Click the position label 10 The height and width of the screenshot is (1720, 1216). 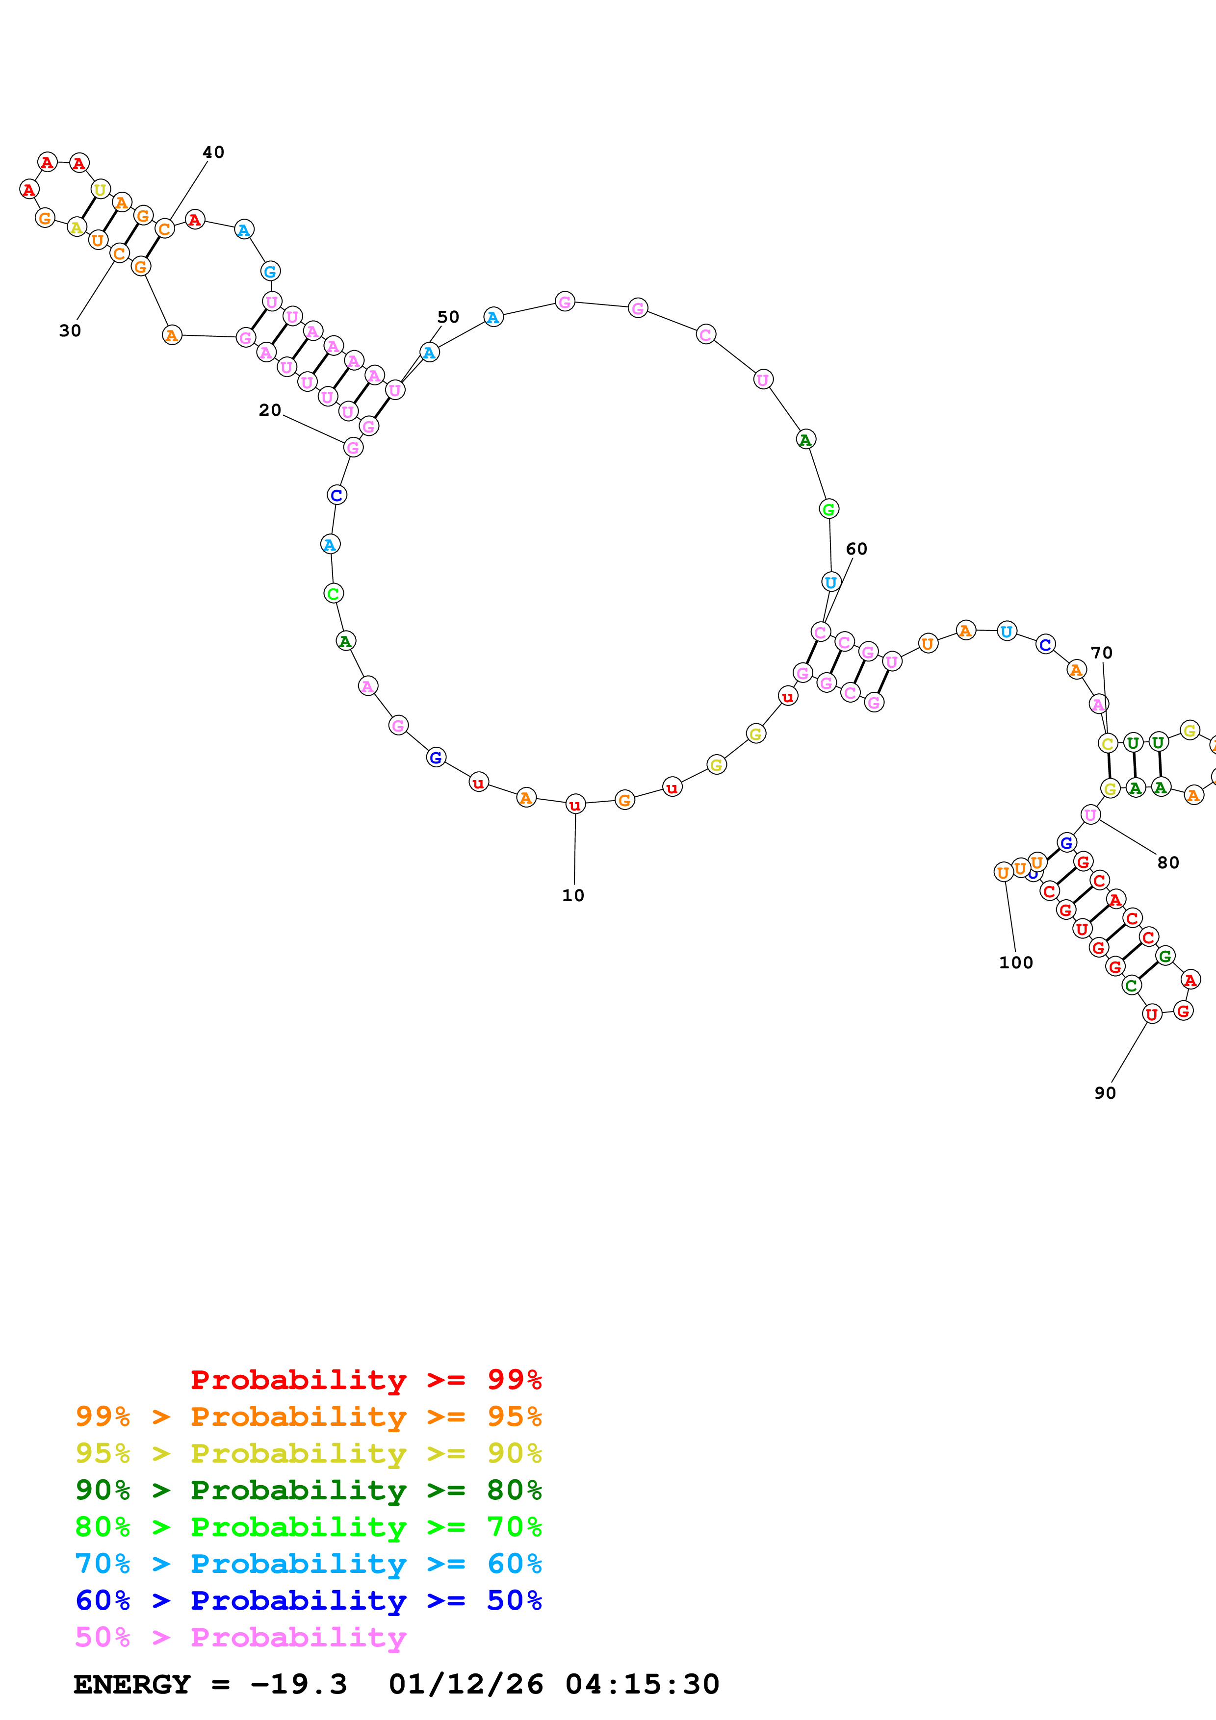click(572, 895)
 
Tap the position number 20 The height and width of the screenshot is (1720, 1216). click(270, 410)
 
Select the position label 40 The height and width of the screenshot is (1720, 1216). click(213, 152)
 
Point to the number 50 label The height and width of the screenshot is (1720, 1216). click(448, 317)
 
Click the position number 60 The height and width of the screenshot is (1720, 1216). click(856, 549)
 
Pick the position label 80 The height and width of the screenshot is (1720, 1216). click(1168, 863)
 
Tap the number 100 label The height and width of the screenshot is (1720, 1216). click(1016, 962)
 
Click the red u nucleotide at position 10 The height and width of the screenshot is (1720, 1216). click(575, 805)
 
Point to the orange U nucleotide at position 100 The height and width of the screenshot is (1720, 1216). click(1003, 872)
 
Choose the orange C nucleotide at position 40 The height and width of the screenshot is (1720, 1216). click(165, 228)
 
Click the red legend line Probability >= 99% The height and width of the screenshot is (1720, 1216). click(365, 1379)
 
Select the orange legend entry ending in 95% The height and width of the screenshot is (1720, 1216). click(308, 1416)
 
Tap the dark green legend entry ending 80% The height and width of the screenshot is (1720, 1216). click(308, 1490)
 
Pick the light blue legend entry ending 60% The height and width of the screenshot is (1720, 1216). click(308, 1564)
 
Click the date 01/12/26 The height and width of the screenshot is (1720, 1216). click(466, 1684)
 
